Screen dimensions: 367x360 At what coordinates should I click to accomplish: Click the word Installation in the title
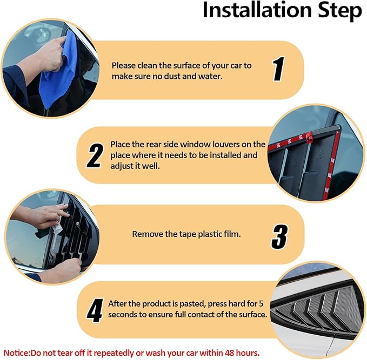(x=257, y=10)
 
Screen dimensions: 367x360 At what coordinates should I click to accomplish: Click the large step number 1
(x=279, y=69)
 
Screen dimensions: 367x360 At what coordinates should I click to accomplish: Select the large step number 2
(x=95, y=155)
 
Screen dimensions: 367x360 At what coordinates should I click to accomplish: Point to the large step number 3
(x=279, y=236)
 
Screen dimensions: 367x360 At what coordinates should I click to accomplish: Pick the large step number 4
(x=95, y=310)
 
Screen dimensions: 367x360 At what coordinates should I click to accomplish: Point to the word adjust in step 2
(x=121, y=166)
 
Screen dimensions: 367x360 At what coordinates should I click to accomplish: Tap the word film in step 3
(x=232, y=234)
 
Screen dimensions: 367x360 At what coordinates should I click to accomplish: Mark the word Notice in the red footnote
(x=16, y=353)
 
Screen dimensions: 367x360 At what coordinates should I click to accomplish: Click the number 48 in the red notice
(x=230, y=353)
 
